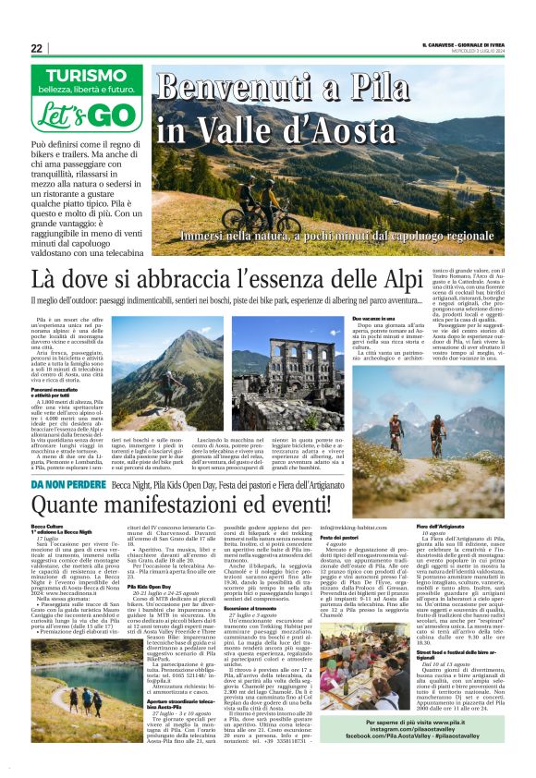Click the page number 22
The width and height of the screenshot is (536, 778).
[37, 48]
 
